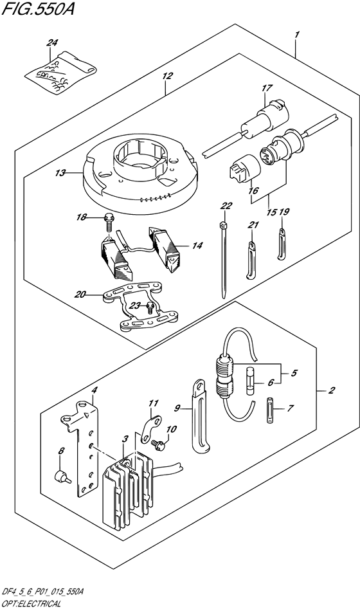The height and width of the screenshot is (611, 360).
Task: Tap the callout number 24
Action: tap(52, 43)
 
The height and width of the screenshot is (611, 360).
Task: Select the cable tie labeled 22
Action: tap(222, 257)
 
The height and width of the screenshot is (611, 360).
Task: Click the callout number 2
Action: tap(331, 390)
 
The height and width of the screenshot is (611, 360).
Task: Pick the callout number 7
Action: tap(289, 408)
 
